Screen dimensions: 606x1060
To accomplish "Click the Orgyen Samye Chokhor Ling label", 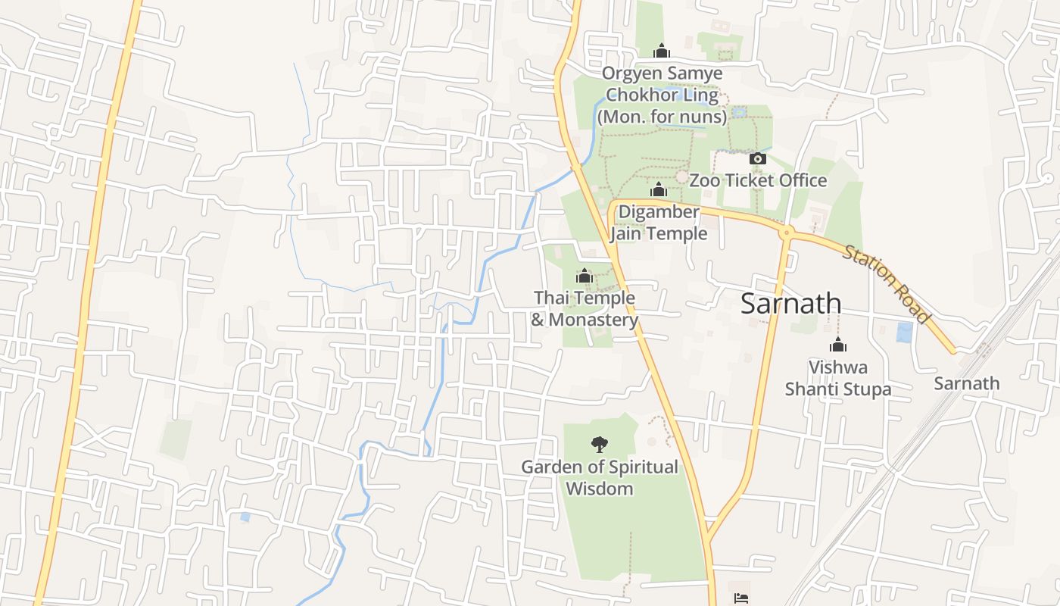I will click(x=662, y=85).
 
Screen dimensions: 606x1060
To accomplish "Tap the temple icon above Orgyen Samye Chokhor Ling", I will click(x=662, y=51).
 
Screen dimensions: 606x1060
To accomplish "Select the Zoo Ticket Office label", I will click(x=758, y=180).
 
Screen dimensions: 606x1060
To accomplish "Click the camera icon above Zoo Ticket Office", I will click(x=758, y=158).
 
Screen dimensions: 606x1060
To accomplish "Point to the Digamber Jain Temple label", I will click(x=659, y=223).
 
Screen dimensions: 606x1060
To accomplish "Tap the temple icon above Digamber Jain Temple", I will click(x=659, y=189).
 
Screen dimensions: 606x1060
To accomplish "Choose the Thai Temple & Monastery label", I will click(x=585, y=309).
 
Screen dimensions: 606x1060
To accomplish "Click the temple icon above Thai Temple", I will click(x=584, y=276).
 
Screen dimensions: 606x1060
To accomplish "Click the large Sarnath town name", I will click(x=790, y=303).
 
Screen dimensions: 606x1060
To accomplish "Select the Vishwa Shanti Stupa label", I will click(x=837, y=378).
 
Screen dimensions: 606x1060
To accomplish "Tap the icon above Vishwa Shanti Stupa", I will click(x=837, y=345).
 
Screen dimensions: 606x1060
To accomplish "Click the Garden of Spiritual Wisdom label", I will click(x=600, y=477).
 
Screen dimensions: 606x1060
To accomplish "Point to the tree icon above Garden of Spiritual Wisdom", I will click(x=600, y=444).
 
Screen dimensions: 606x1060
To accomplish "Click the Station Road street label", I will click(x=885, y=283).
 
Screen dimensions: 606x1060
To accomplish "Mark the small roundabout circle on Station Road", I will click(x=787, y=233).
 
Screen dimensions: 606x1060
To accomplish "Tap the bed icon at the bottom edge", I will click(x=741, y=598).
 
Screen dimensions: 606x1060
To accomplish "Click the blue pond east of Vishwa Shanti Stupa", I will click(x=904, y=333).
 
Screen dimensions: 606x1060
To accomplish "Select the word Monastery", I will click(x=594, y=320).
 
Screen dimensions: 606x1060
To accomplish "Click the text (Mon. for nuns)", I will click(x=662, y=117).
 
